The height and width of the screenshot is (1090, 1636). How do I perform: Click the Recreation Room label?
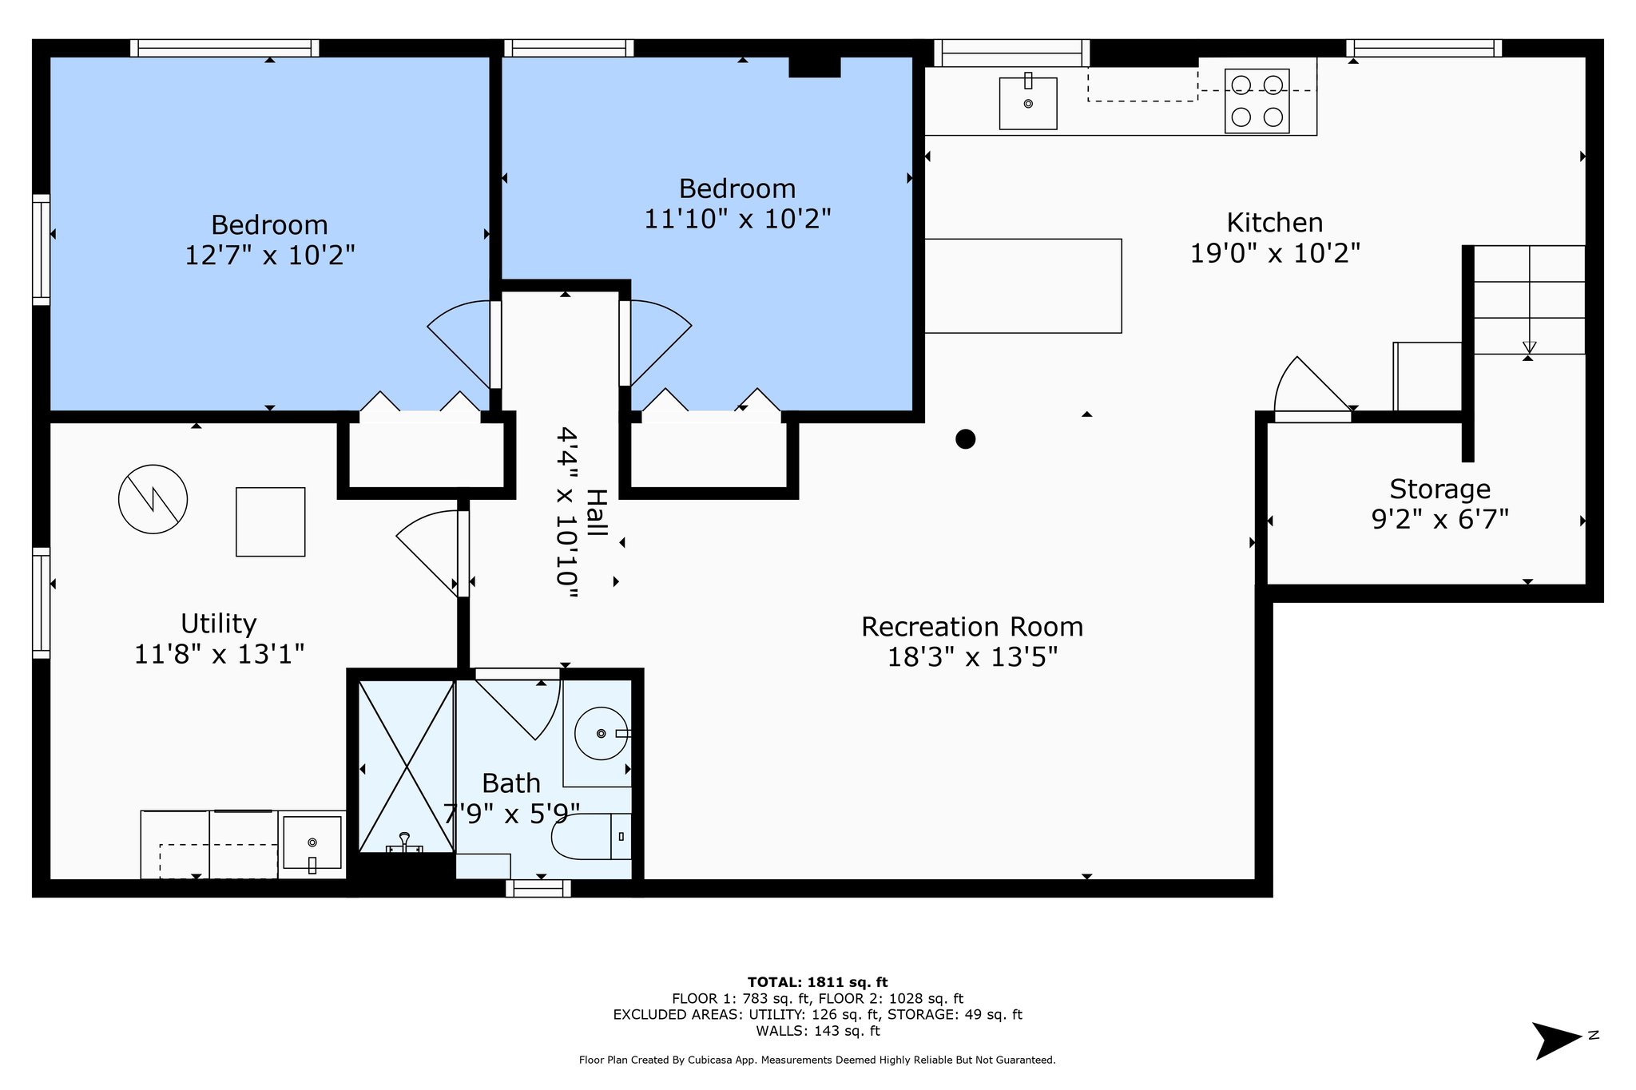(x=972, y=627)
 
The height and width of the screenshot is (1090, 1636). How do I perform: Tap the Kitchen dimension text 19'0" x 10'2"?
(x=1275, y=253)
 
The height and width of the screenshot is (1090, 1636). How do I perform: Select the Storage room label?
(x=1439, y=489)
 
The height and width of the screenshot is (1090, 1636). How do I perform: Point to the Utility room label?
(x=218, y=623)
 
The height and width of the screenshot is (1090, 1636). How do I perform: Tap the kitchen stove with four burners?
(x=1257, y=101)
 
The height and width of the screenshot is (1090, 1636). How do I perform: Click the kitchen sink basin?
(x=1028, y=103)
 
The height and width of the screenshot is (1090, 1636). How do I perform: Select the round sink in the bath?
(x=602, y=733)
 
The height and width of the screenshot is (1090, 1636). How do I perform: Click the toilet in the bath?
(x=591, y=836)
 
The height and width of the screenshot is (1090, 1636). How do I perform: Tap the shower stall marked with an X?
(x=407, y=766)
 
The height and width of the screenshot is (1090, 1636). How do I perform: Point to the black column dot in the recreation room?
(x=966, y=439)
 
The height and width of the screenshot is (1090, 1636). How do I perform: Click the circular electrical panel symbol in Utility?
(x=153, y=499)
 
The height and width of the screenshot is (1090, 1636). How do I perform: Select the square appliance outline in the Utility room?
(x=271, y=521)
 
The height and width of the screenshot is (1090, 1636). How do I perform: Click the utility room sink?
(x=312, y=843)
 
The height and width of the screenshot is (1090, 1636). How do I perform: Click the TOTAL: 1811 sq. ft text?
(x=817, y=982)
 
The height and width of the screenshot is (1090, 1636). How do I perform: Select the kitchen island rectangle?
(x=1022, y=286)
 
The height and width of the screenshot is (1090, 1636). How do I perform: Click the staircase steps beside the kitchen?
(x=1529, y=299)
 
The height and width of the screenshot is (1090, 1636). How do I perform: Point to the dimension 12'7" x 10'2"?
(x=270, y=256)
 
